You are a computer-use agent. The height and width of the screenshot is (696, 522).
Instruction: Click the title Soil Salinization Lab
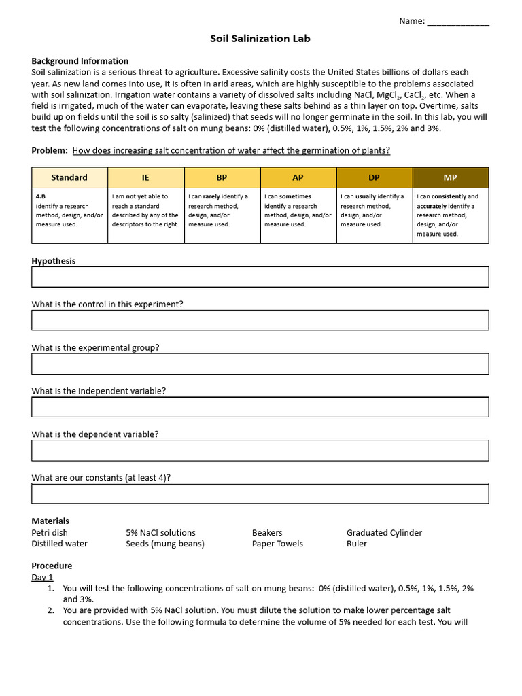260,39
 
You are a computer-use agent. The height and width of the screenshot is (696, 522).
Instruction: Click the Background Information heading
80,60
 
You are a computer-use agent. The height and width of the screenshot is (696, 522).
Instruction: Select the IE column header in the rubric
145,177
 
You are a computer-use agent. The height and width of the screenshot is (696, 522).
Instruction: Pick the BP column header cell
222,177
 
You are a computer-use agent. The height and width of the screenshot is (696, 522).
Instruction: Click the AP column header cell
298,177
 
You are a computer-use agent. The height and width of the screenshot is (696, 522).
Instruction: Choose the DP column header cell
374,177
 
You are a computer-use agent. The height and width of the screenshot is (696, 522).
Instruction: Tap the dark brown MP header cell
450,177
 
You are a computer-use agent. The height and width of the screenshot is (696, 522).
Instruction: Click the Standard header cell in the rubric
69,177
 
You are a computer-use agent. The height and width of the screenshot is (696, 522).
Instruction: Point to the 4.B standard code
41,196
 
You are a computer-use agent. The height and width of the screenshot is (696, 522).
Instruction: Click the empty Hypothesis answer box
260,277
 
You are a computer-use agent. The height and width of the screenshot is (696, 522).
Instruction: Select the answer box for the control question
260,320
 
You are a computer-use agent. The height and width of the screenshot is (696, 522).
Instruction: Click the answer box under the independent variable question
260,406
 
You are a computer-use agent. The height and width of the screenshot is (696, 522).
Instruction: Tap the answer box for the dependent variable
260,450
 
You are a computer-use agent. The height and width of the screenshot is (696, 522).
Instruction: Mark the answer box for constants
260,493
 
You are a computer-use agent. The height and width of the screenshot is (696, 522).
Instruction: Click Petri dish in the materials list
50,532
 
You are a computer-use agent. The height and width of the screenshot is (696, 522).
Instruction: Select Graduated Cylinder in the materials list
384,532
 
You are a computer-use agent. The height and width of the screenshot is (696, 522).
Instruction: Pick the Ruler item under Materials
356,543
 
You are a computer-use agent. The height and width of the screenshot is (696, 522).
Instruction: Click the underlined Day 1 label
42,577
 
